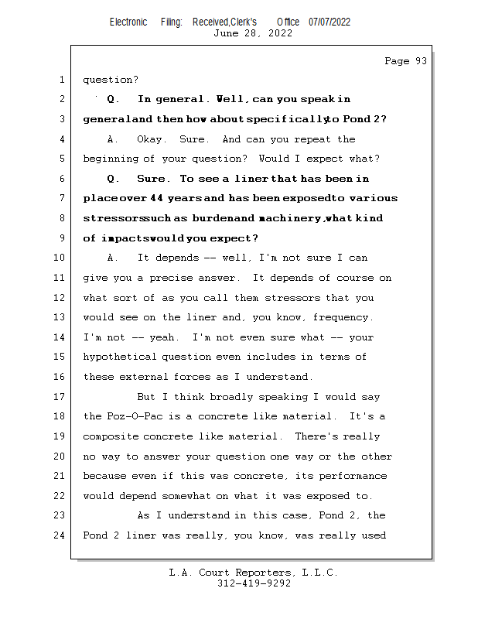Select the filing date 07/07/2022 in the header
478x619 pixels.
click(x=329, y=22)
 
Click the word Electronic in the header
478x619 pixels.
click(x=128, y=22)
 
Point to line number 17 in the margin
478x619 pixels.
click(x=61, y=397)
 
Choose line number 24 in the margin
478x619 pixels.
click(x=61, y=535)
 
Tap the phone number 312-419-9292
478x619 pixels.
click(x=254, y=584)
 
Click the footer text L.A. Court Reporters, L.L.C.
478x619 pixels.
click(x=253, y=573)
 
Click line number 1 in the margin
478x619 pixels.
click(x=61, y=79)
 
